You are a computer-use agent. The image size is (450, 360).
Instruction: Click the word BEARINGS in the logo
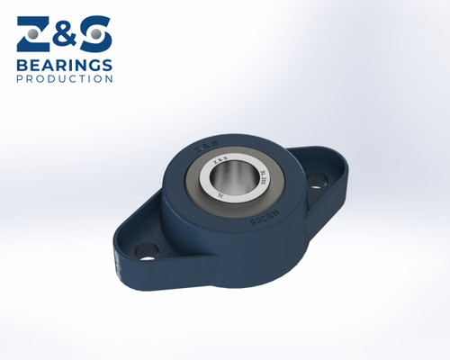[x=64, y=65]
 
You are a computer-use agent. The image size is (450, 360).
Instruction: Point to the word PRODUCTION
[x=65, y=79]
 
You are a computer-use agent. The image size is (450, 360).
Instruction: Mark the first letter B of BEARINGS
[x=22, y=65]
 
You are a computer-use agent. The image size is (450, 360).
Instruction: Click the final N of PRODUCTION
[x=110, y=79]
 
